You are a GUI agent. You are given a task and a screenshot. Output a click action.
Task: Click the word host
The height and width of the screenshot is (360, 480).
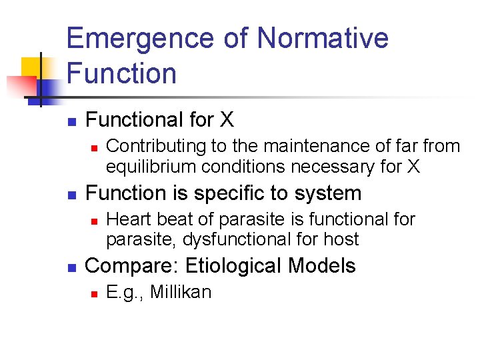pyautogui.click(x=342, y=239)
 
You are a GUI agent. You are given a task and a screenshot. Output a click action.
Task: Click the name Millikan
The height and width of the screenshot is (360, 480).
pyautogui.click(x=181, y=293)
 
